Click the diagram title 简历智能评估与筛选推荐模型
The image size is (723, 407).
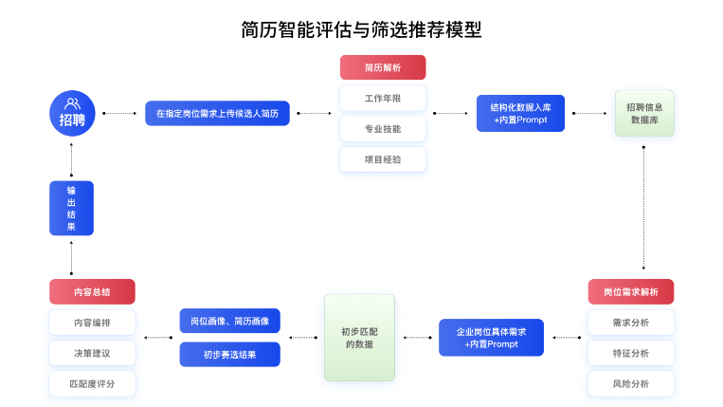coord(361,29)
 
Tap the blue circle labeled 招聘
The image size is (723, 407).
coord(72,113)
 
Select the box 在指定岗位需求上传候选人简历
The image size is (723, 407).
coord(217,114)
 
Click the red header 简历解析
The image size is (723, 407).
coord(383,67)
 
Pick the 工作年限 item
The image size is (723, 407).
coord(383,98)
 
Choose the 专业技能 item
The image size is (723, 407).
coord(383,128)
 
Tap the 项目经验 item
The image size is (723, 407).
coord(383,159)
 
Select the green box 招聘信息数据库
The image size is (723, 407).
coord(644,114)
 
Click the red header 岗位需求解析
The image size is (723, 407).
coord(631,291)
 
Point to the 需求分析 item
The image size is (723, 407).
coord(631,323)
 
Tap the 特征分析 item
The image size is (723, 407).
coord(631,353)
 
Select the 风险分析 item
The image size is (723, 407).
coord(631,383)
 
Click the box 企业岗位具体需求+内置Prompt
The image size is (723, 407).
coord(491,338)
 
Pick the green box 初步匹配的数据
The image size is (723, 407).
coord(359,338)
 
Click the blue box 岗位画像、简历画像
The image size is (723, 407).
coord(229,322)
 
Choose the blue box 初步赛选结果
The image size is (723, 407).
coord(229,354)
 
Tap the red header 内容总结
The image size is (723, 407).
coord(92,291)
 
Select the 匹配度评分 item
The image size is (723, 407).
coord(92,383)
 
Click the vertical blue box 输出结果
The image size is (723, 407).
coord(71,208)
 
